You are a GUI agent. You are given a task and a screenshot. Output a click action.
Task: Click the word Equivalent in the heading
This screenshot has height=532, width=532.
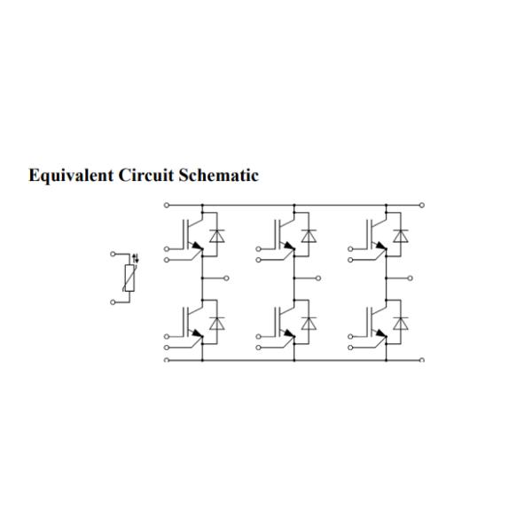71,176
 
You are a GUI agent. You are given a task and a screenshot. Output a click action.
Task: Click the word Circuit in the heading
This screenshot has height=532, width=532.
146,175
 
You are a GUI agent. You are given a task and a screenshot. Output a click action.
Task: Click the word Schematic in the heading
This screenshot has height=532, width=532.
219,175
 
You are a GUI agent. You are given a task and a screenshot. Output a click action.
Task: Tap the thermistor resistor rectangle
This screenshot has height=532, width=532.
129,278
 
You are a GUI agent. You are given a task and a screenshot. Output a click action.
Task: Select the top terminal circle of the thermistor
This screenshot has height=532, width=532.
113,254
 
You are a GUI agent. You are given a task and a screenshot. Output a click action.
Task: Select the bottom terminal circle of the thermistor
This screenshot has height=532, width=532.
113,302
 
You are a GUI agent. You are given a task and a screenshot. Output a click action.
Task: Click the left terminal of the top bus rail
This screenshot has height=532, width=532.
167,205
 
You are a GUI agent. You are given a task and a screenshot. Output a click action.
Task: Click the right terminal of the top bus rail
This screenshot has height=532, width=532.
422,205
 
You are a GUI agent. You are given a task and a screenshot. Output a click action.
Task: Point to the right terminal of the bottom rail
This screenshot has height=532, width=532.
422,360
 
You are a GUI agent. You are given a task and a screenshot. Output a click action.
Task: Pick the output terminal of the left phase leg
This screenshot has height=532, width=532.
226,278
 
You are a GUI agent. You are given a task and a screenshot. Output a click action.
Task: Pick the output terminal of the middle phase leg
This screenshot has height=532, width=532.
318,278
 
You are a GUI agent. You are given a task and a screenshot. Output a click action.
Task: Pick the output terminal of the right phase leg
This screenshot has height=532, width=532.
411,278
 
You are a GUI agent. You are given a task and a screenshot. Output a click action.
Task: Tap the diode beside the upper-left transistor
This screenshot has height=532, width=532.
217,236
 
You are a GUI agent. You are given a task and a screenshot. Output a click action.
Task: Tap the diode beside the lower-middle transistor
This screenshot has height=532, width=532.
309,324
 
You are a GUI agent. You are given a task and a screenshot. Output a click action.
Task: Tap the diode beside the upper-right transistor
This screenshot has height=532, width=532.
401,236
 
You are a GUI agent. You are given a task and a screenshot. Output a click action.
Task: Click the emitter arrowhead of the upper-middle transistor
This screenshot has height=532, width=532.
289,246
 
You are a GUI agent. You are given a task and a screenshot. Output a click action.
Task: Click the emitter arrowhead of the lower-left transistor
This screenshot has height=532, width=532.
198,333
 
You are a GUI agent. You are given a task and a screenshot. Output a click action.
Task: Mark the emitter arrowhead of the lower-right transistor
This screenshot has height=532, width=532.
381,333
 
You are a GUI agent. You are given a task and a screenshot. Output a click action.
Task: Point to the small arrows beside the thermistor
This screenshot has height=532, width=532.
136,259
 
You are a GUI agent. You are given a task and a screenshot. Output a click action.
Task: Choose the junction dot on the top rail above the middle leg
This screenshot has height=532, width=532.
294,205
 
